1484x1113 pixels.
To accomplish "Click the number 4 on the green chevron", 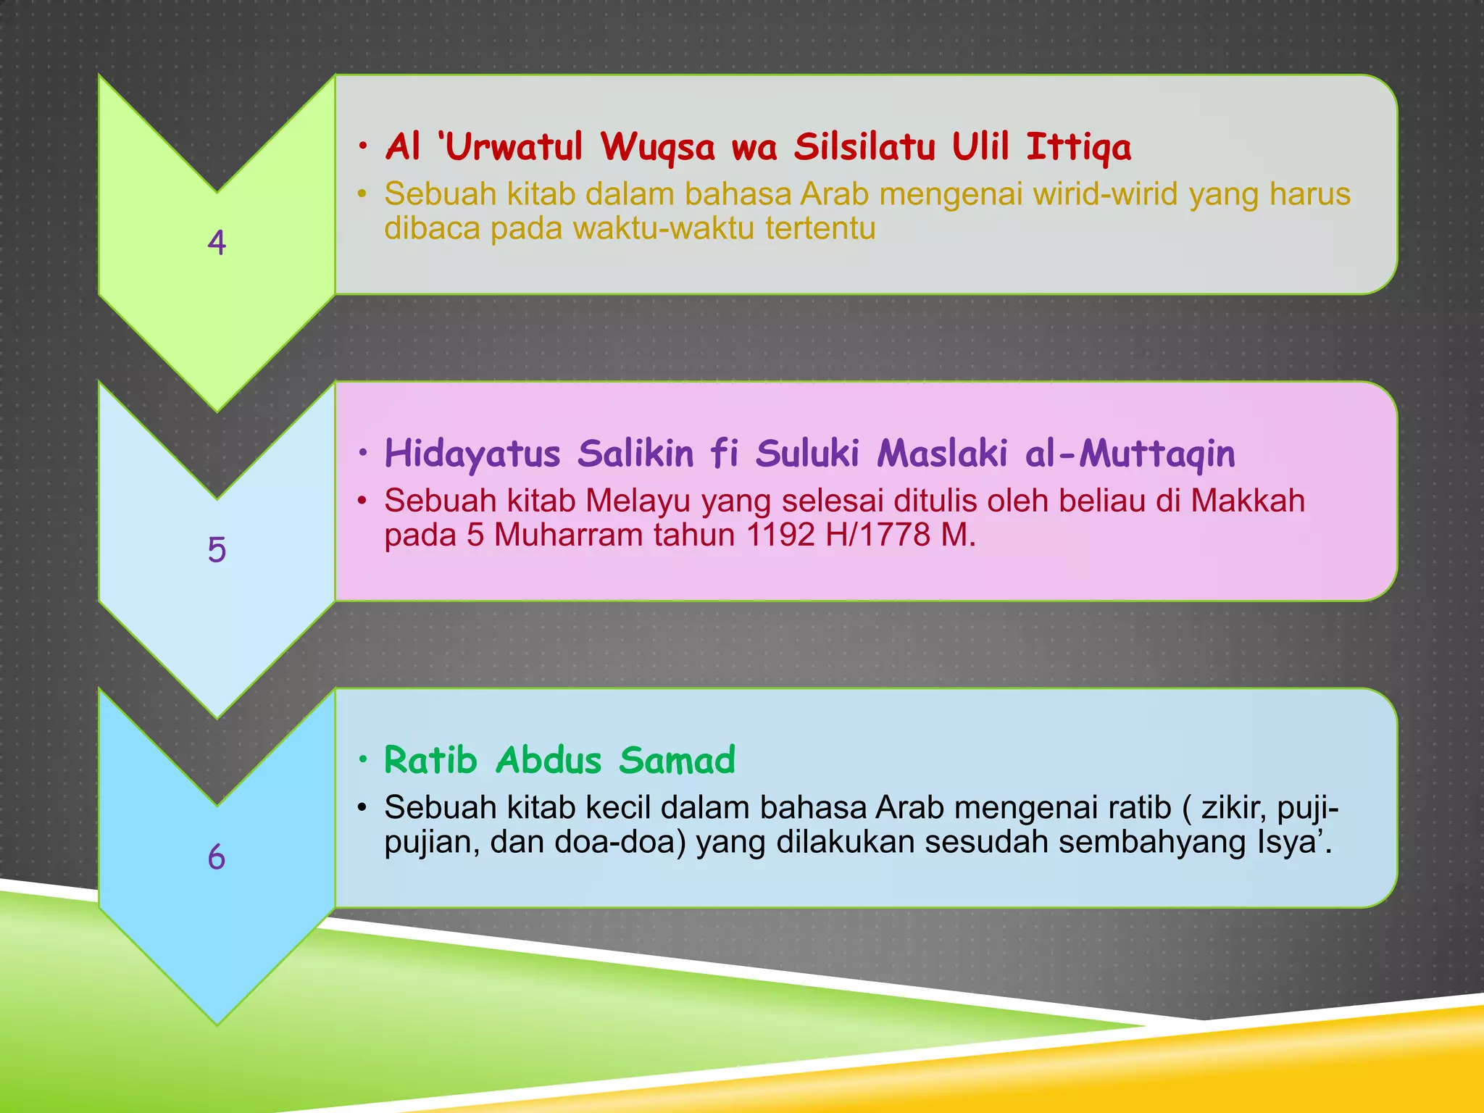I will pyautogui.click(x=217, y=242).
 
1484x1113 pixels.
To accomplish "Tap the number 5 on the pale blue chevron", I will pyautogui.click(x=217, y=549).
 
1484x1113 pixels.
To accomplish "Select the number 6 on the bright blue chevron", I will pyautogui.click(x=217, y=857).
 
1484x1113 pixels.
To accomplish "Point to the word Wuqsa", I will pyautogui.click(x=657, y=148).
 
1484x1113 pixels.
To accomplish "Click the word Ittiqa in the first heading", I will pyautogui.click(x=1078, y=148).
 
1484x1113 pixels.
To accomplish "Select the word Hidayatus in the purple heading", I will pyautogui.click(x=472, y=454).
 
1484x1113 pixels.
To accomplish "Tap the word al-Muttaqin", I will pyautogui.click(x=1130, y=454).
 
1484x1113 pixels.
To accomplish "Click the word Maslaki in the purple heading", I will pyautogui.click(x=942, y=454).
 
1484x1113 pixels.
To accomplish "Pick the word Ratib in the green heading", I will pyautogui.click(x=430, y=760).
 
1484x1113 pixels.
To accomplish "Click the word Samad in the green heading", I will pyautogui.click(x=677, y=760).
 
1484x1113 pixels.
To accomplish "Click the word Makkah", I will pyautogui.click(x=1248, y=501).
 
